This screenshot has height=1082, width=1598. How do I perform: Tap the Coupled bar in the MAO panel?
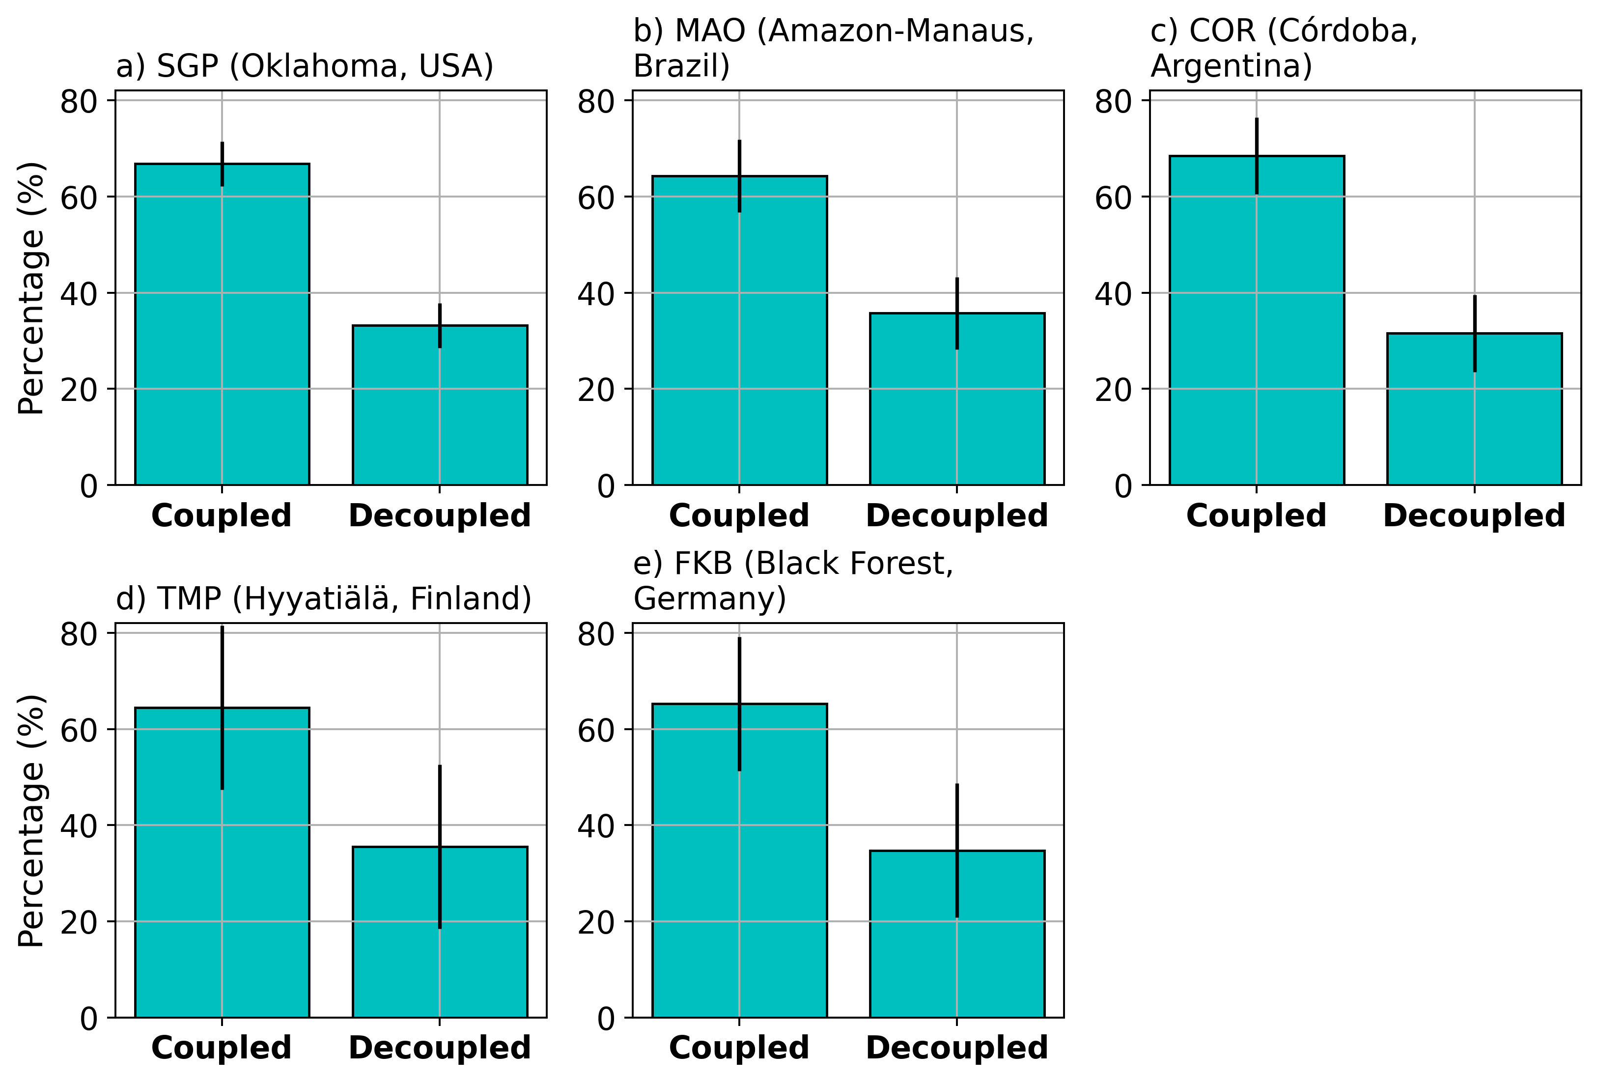695,330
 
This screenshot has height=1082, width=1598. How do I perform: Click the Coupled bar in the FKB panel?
695,860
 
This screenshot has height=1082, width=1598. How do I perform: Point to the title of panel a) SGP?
305,66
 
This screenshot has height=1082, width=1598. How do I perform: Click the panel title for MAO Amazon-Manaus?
833,48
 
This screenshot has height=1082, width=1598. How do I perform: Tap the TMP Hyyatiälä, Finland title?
323,598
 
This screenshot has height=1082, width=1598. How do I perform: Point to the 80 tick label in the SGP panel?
79,102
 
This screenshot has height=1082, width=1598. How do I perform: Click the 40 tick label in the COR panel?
1113,294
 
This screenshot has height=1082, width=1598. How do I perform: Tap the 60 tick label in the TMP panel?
79,730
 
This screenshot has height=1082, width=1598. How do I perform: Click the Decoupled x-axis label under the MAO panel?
956,516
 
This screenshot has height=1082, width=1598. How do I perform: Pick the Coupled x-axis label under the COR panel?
1256,516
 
